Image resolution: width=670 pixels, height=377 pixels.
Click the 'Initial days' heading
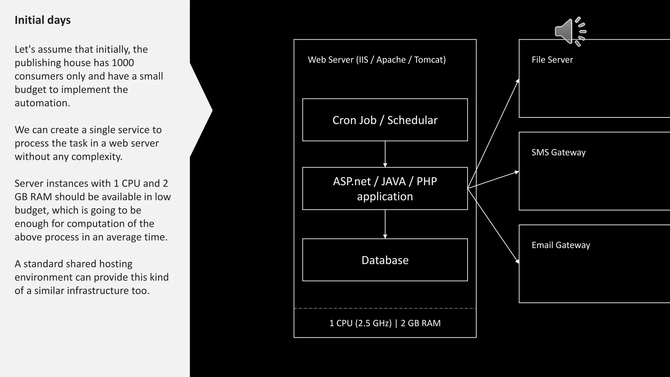coord(43,20)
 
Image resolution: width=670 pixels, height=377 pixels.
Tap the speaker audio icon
coord(570,31)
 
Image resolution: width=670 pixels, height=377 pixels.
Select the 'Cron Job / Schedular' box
coord(385,120)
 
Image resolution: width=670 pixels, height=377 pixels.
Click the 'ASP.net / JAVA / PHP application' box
coord(385,188)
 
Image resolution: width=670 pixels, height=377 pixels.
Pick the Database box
coord(385,260)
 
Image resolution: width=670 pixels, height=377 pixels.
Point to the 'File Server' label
coord(552,60)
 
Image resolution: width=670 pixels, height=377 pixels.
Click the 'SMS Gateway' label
coord(558,152)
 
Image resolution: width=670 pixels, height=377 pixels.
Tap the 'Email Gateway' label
coord(561,245)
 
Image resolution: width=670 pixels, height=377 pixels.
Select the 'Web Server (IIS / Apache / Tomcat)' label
coord(377,60)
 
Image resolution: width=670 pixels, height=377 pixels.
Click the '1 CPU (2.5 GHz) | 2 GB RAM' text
coord(385,323)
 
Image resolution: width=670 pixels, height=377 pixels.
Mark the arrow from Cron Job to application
coord(385,154)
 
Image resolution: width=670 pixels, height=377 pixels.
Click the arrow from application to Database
coord(385,224)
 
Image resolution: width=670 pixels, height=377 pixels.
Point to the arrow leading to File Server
coord(493,134)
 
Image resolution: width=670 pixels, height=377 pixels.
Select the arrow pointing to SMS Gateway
coord(493,180)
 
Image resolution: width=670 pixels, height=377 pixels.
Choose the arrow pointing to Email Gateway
coord(493,226)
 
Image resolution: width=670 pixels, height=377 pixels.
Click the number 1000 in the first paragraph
coord(123,63)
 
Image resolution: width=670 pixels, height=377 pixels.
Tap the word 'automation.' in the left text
coord(42,103)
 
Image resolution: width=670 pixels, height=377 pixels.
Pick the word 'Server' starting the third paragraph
coord(30,183)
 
